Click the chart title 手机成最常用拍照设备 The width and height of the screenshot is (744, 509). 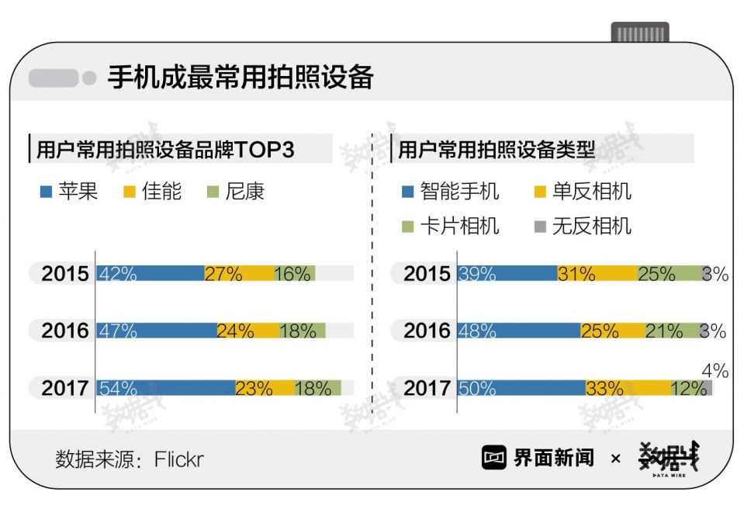click(x=241, y=78)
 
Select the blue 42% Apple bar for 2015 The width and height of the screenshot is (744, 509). click(x=151, y=273)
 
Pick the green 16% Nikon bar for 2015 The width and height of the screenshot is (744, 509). click(x=294, y=273)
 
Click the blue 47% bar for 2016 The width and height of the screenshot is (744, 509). click(x=156, y=331)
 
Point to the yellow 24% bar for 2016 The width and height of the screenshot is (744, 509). click(x=247, y=331)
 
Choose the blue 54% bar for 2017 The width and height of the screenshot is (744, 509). click(x=165, y=388)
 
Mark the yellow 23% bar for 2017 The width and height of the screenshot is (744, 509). click(x=265, y=388)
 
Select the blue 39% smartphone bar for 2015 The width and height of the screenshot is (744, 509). click(x=507, y=273)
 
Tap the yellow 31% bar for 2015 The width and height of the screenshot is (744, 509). click(x=597, y=273)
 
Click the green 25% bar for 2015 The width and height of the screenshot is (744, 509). click(x=669, y=273)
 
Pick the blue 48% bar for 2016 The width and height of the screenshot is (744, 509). click(x=519, y=331)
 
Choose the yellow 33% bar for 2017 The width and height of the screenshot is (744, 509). click(x=628, y=388)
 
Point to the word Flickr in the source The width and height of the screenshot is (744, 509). click(x=178, y=459)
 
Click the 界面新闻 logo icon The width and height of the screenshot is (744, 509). click(x=494, y=458)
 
